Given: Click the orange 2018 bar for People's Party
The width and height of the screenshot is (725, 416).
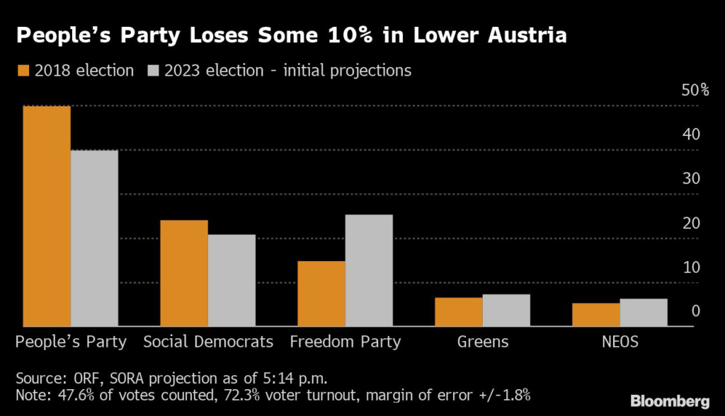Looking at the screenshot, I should click(x=47, y=216).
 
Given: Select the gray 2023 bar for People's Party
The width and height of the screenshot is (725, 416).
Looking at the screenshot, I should click(x=94, y=238).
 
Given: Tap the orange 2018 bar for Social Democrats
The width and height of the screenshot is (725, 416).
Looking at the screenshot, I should click(x=184, y=273).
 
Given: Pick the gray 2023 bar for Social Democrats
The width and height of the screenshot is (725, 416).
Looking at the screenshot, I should click(x=232, y=280).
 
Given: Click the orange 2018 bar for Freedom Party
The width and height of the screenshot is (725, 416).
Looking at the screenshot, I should click(x=321, y=294).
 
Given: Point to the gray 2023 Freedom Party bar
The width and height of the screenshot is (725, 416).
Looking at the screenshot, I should click(x=369, y=270).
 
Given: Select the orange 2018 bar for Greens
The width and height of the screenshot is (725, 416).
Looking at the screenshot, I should click(x=459, y=312).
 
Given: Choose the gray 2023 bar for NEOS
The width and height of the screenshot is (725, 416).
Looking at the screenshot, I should click(x=644, y=313).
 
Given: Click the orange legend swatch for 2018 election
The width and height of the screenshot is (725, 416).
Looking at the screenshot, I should click(x=23, y=71).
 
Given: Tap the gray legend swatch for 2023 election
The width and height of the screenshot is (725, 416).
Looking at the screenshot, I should click(x=153, y=71).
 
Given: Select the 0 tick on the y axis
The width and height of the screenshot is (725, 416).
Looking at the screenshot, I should click(x=695, y=311).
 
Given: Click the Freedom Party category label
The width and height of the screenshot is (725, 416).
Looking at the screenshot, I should click(x=346, y=342).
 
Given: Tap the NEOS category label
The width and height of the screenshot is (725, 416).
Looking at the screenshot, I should click(x=620, y=342).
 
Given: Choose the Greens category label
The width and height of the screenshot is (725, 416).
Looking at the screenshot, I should click(x=483, y=342).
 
